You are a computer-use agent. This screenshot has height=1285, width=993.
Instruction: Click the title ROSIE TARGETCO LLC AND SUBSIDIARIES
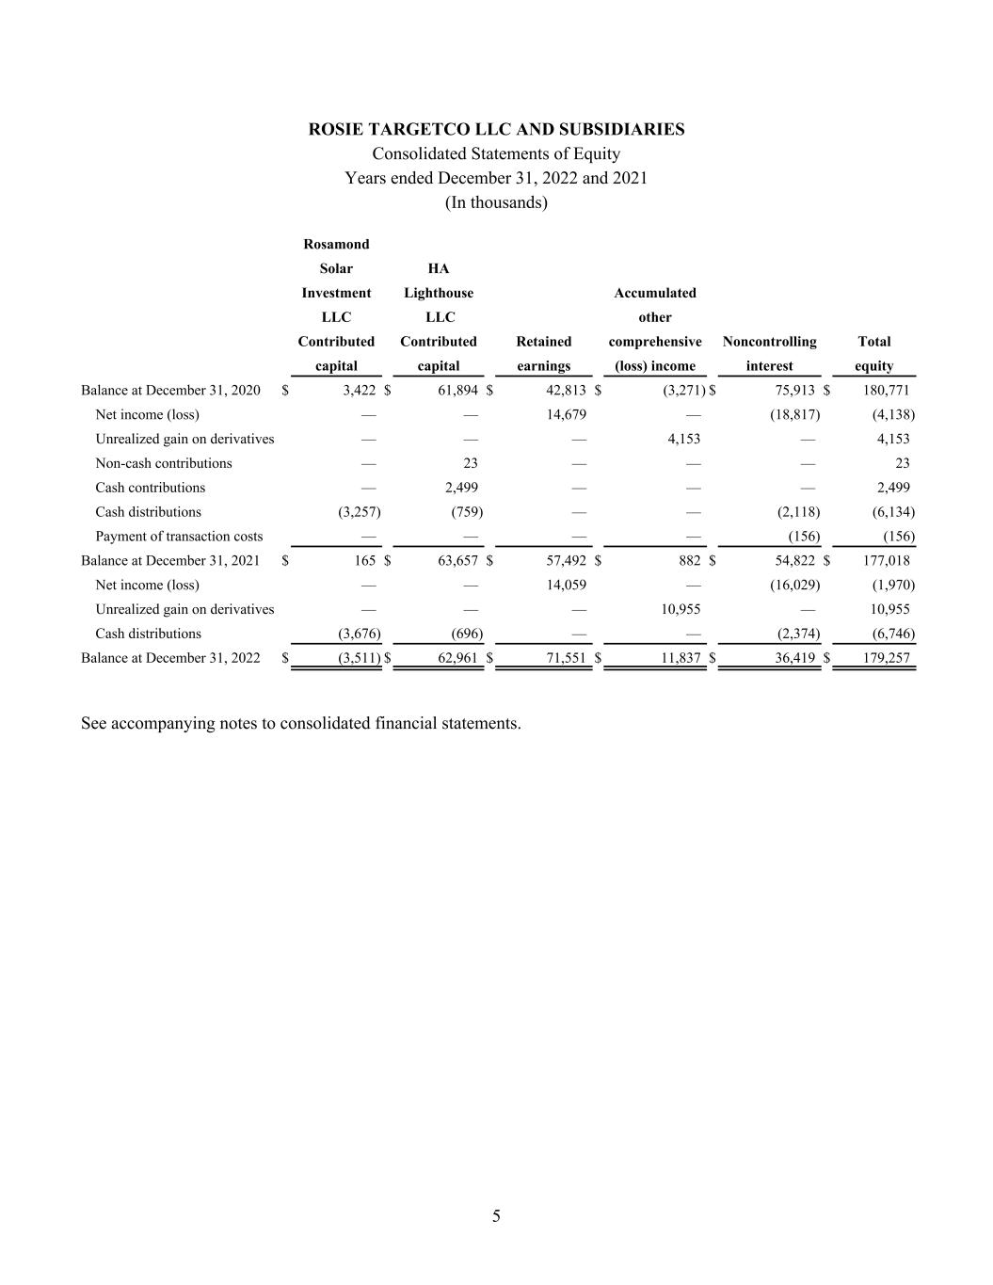point(496,129)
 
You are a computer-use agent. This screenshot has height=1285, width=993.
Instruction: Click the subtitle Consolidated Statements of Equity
point(496,153)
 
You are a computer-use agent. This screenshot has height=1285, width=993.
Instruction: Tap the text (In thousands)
point(496,202)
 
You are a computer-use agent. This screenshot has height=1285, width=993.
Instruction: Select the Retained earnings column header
point(544,354)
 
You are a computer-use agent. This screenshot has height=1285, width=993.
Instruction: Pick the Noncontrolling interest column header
point(769,354)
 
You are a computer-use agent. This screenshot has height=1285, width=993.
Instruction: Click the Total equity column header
point(873,354)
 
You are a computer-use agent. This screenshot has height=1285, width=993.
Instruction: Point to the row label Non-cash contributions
point(164,463)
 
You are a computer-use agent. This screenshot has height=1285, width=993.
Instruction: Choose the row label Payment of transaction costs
point(179,537)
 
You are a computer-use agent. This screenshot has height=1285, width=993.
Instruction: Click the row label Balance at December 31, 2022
point(170,658)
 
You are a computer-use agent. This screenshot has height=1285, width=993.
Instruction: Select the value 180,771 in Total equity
point(887,390)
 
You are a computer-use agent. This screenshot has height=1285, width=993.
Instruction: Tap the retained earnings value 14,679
point(567,414)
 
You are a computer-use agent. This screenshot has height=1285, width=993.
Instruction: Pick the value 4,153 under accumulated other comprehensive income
point(683,439)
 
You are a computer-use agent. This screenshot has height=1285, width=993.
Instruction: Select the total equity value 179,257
point(887,658)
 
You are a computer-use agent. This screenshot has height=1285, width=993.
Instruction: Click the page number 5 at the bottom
point(496,1216)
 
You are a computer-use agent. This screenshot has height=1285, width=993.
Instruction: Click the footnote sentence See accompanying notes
point(301,723)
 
